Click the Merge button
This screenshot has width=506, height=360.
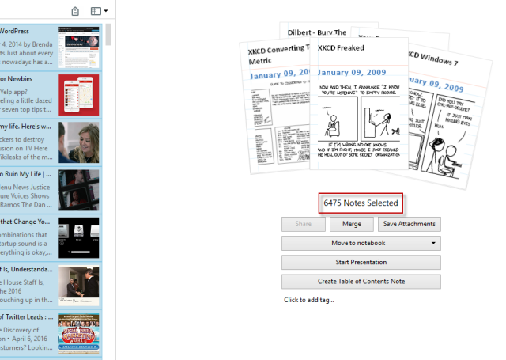(x=352, y=224)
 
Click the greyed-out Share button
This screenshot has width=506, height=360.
(x=304, y=224)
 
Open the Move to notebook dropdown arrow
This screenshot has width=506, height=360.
(x=433, y=243)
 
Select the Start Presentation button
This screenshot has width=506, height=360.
(x=361, y=262)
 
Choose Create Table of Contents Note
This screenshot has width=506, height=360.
(x=361, y=281)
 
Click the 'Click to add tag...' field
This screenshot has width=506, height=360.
(x=309, y=300)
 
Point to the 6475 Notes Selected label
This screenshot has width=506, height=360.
(x=361, y=203)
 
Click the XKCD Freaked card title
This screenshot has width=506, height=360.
(x=341, y=47)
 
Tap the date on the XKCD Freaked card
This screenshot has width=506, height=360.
(x=353, y=72)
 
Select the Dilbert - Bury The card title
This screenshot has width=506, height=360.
(x=315, y=32)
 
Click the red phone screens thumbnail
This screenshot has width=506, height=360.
(x=78, y=93)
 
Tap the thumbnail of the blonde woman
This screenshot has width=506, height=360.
(x=78, y=142)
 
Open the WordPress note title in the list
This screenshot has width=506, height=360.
(x=16, y=32)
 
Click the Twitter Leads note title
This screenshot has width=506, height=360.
(x=27, y=318)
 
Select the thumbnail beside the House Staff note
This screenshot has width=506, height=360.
(x=78, y=286)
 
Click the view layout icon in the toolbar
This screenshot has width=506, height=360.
(x=98, y=11)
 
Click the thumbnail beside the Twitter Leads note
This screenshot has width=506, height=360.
(x=78, y=333)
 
